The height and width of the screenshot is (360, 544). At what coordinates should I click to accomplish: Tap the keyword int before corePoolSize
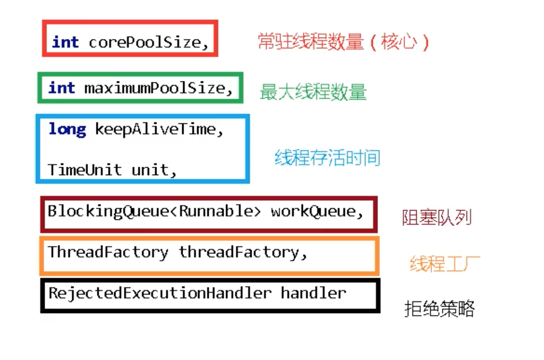[x=65, y=42]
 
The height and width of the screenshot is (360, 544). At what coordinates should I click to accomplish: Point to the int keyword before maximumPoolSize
[x=61, y=88]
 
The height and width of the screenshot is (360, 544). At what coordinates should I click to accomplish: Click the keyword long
[x=67, y=130]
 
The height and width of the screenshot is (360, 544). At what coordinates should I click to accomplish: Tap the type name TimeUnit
[x=84, y=170]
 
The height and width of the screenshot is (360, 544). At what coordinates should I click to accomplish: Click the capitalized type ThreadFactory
[x=108, y=252]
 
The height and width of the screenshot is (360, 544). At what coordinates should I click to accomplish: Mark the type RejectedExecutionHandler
[x=160, y=293]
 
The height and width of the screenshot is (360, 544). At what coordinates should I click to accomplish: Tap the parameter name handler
[x=313, y=293]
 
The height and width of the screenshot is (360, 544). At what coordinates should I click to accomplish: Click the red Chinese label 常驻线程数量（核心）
[x=343, y=42]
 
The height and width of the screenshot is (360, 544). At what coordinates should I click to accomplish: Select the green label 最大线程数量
[x=313, y=92]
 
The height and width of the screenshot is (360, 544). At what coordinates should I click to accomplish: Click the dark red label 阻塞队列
[x=437, y=218]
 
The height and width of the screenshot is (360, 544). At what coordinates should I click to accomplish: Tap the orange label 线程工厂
[x=444, y=264]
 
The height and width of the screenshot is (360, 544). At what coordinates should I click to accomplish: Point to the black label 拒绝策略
[x=439, y=309]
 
